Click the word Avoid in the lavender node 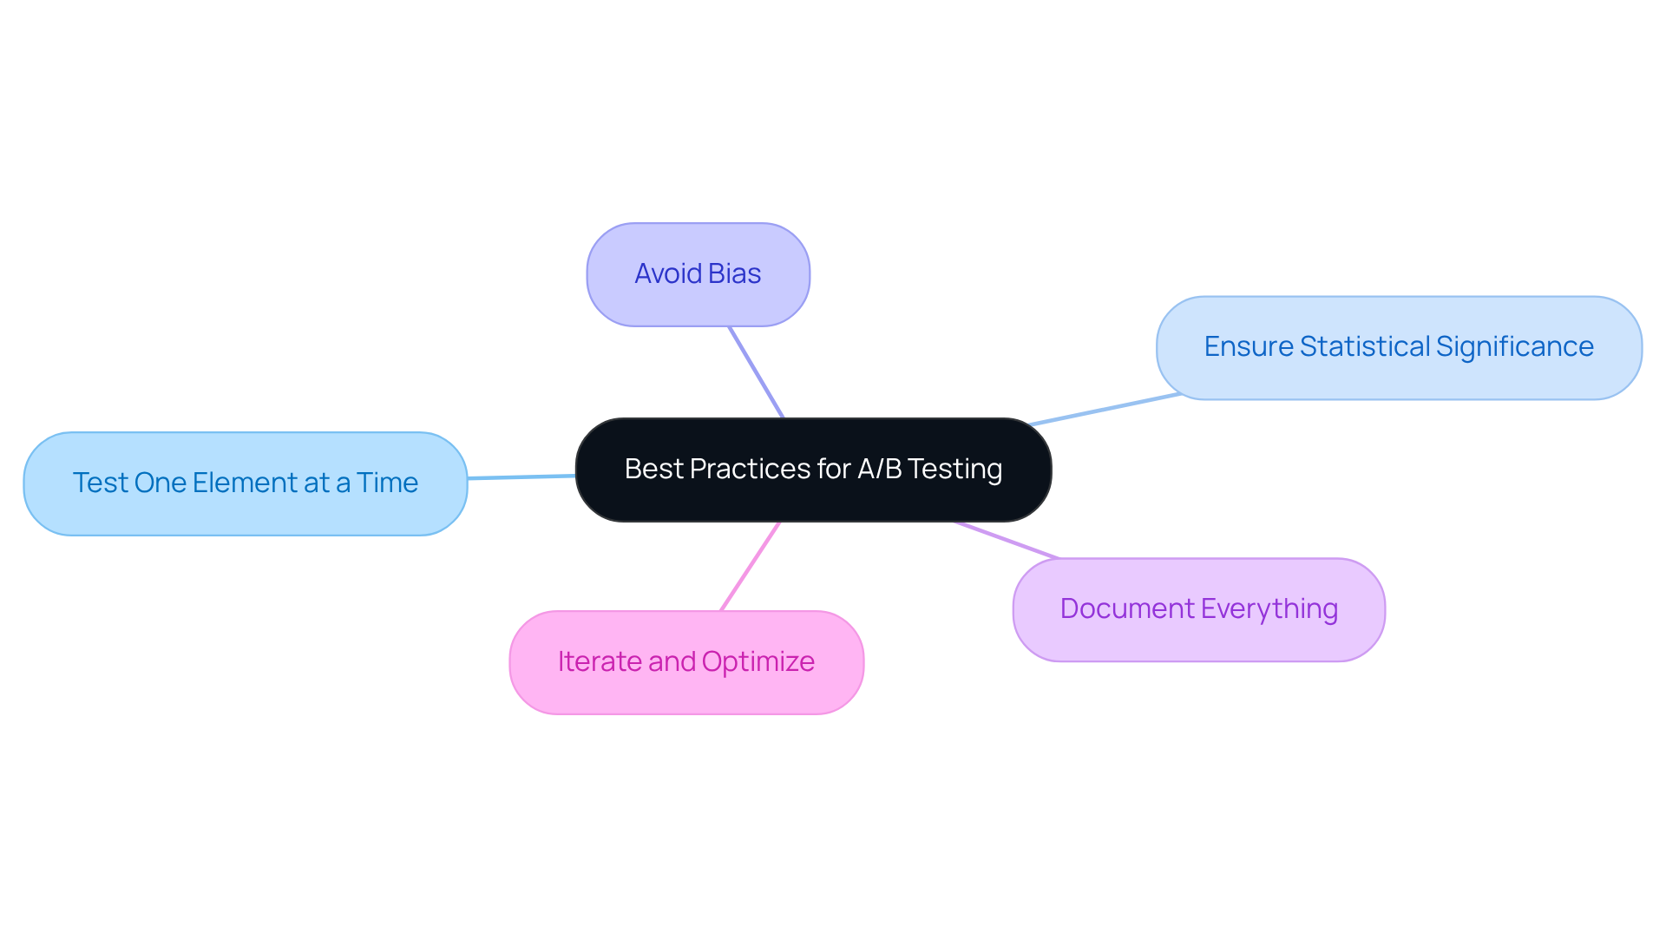tap(667, 274)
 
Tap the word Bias tap(734, 274)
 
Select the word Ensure tap(1249, 347)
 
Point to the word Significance tap(1514, 347)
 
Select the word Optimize tap(758, 662)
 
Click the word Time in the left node tap(387, 483)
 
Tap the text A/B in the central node tap(879, 470)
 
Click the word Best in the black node tap(653, 470)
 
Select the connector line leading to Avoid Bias tap(757, 372)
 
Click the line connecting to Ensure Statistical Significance tap(1105, 410)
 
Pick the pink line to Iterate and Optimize tap(751, 566)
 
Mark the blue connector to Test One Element tap(521, 477)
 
